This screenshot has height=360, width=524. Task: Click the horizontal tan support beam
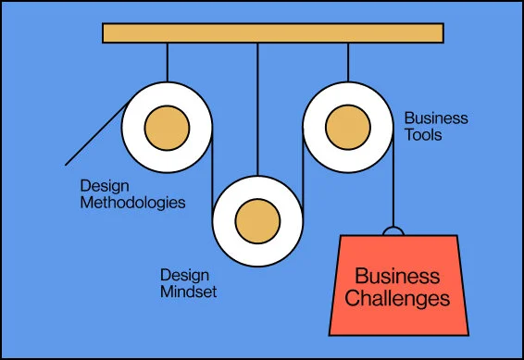click(x=273, y=33)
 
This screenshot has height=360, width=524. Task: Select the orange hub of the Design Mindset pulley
click(x=257, y=220)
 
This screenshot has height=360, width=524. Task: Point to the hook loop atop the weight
click(x=393, y=231)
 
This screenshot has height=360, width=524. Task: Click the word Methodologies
click(x=132, y=201)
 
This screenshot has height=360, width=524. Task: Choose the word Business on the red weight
click(x=398, y=277)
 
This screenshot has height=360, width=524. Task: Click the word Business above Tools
click(x=436, y=118)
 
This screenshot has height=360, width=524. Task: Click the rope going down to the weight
click(x=393, y=185)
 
